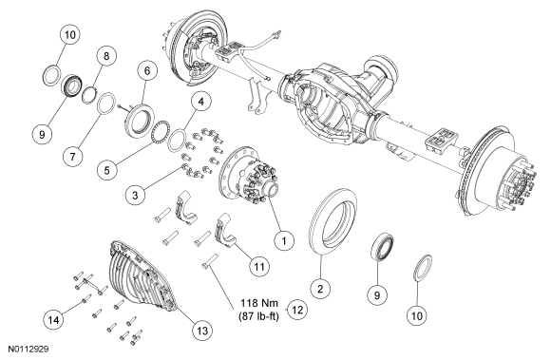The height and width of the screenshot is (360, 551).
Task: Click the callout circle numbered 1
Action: coord(284,240)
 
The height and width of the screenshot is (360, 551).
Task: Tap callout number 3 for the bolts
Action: coord(136,195)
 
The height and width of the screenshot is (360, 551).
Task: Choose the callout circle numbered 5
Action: coord(107,170)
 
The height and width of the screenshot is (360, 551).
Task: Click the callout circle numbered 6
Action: coord(147,70)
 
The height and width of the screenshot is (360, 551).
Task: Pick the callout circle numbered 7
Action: coord(73,156)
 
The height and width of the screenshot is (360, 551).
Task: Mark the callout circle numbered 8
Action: coord(106,56)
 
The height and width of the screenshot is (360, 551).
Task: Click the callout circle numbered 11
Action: coord(259,266)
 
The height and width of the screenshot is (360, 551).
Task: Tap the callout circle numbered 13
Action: coord(202,331)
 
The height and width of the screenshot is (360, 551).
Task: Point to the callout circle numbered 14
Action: coord(54,319)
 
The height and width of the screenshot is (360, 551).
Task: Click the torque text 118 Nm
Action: coord(259,303)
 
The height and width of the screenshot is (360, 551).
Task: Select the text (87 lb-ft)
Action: coord(259,316)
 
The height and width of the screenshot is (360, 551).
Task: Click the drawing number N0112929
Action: coord(28,350)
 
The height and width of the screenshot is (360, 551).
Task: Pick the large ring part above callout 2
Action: coord(333,221)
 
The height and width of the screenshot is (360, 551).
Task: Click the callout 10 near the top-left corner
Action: coord(70,34)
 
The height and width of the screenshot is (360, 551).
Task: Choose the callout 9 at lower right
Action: coord(377,295)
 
